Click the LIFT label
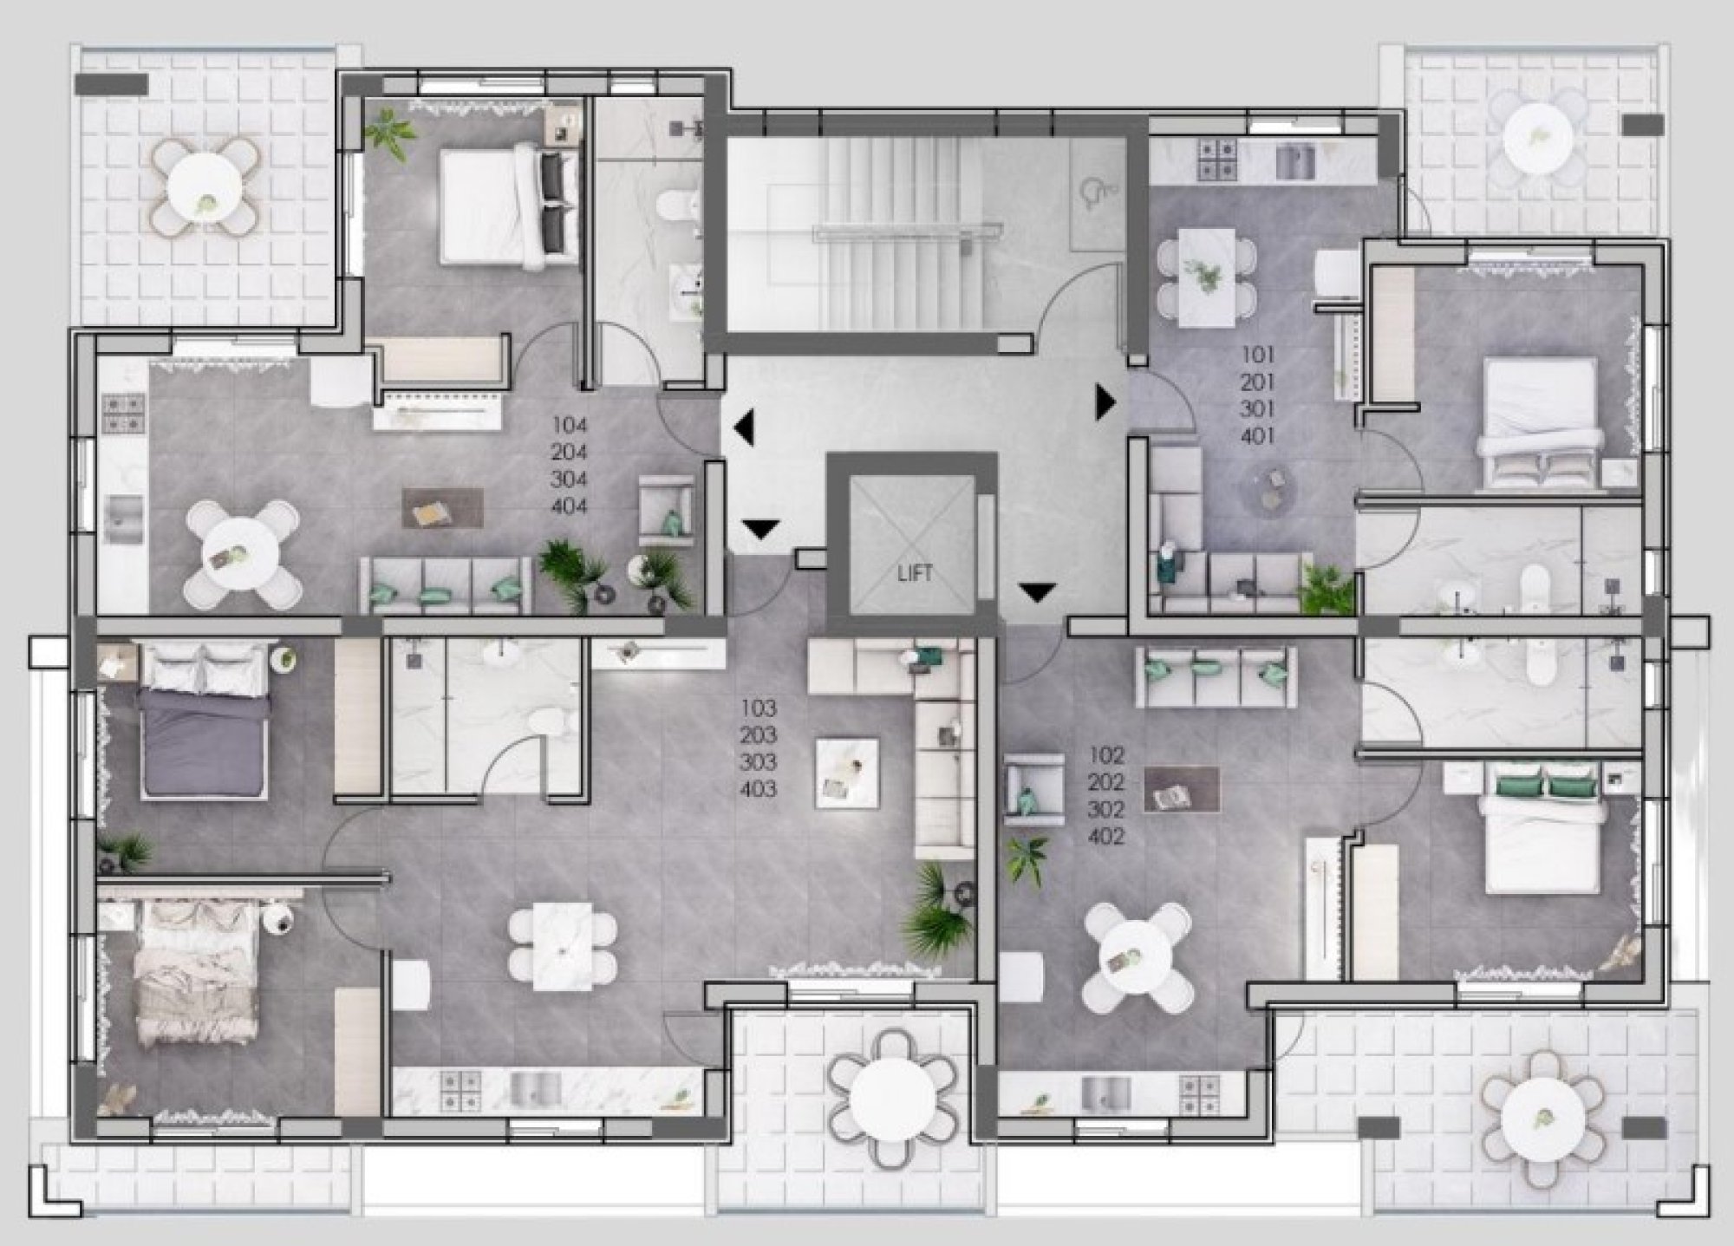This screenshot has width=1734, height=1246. coord(915,573)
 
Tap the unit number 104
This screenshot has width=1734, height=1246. coord(570,426)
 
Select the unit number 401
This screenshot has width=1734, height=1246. coord(1258,435)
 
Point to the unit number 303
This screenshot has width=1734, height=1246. coord(759,763)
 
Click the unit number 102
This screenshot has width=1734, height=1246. coord(1107,756)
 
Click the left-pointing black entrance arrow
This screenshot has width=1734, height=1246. coord(744,427)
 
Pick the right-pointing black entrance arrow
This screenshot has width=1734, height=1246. coord(1105,402)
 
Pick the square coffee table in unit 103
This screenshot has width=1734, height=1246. coord(847,769)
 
